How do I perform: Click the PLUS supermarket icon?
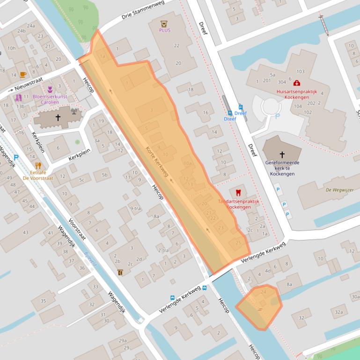[164, 23]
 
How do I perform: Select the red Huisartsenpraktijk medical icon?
[297, 83]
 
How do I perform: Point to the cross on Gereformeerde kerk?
[282, 154]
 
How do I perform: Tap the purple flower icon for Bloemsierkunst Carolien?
[50, 89]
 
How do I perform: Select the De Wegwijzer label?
[339, 190]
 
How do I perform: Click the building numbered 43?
[25, 232]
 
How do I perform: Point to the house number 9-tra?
[135, 209]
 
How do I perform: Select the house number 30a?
[355, 297]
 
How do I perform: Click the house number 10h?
[11, 48]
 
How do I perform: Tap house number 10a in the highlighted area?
[188, 163]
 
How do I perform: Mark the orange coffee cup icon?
[23, 74]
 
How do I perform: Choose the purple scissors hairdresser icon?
[18, 98]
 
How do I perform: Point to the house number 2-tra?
[163, 251]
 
